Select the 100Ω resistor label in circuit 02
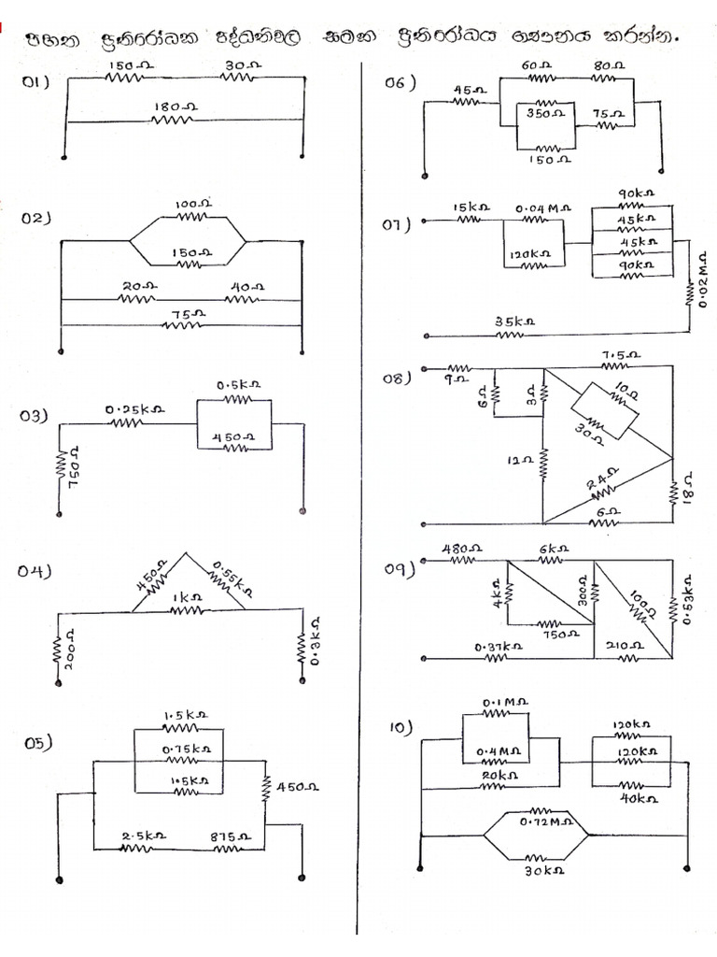pyautogui.click(x=194, y=203)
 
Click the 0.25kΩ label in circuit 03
pyautogui.click(x=135, y=409)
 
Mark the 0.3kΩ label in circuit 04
pyautogui.click(x=315, y=641)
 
